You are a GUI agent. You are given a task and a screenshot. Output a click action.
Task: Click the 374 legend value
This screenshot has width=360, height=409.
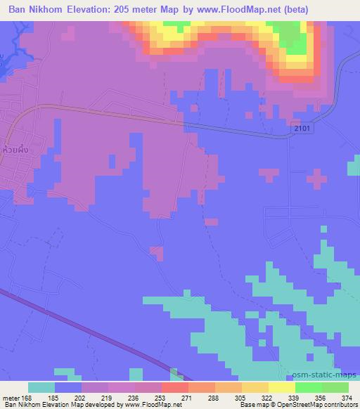pyautogui.click(x=347, y=397)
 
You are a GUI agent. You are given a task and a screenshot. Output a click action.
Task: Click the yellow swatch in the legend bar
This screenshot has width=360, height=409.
pyautogui.click(x=281, y=387)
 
